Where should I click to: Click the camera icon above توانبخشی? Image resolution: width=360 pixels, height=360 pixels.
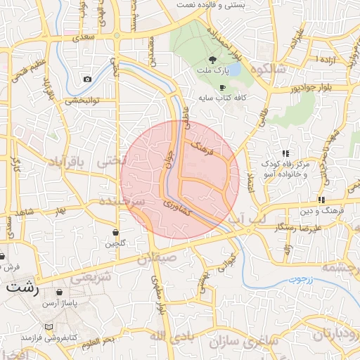tap(87, 79)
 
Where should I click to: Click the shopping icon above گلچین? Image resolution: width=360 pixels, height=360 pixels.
tap(115, 232)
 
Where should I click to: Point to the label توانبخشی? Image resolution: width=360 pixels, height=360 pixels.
tap(85, 100)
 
